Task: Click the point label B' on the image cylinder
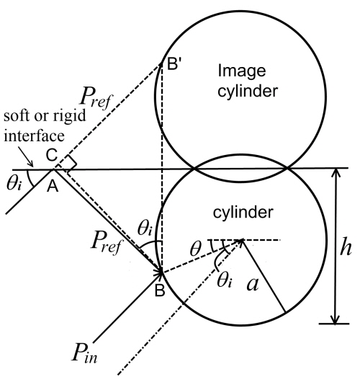point(174,63)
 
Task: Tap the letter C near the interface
point(52,155)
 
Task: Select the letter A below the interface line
point(53,186)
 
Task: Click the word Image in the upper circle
point(242,71)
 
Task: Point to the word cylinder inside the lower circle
point(243,212)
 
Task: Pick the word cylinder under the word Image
point(248,91)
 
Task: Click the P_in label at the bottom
point(84,352)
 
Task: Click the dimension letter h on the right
point(346,247)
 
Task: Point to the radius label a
point(253,284)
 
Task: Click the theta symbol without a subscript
point(195,249)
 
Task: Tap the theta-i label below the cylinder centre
point(225,280)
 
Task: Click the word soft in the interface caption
point(17,115)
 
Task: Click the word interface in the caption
point(34,136)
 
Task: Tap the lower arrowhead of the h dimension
point(335,319)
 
